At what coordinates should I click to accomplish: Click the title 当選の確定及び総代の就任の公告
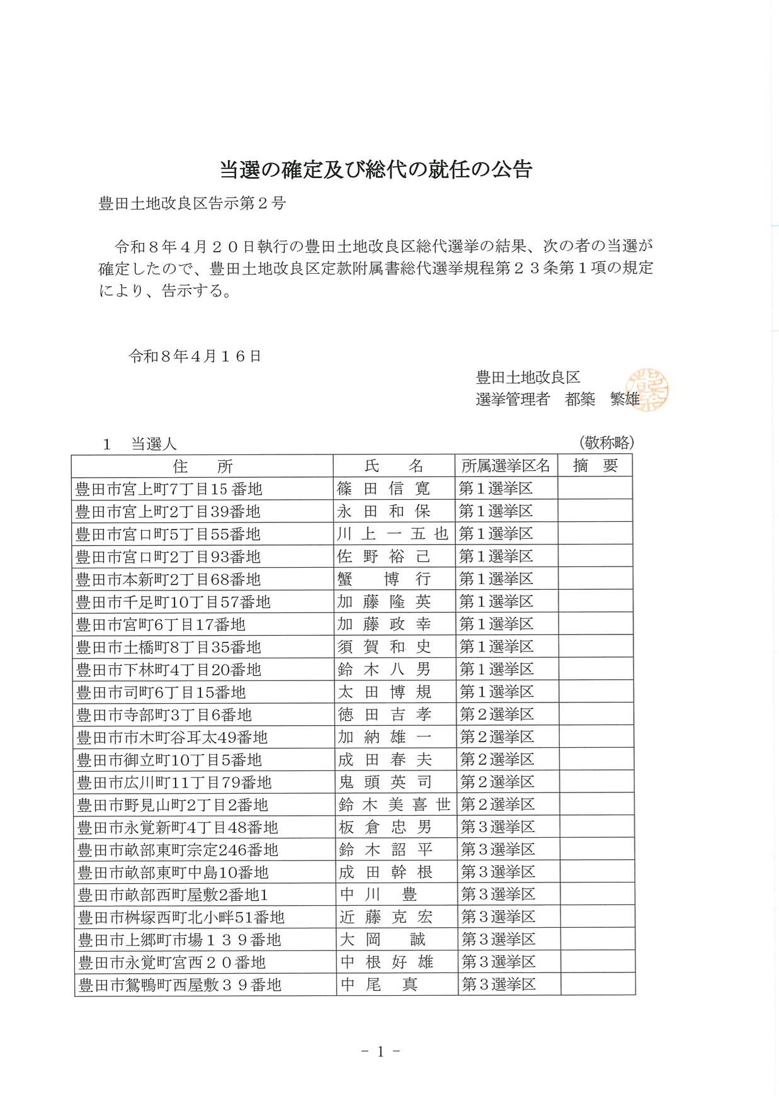(376, 169)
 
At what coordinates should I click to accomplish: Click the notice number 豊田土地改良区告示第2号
(192, 203)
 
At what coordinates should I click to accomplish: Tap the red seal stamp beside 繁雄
(647, 390)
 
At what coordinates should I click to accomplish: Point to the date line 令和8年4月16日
(195, 356)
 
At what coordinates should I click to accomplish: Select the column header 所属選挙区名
(506, 466)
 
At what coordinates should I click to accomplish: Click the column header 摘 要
(595, 466)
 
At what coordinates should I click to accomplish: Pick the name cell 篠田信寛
(384, 488)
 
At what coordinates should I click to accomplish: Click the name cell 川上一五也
(392, 534)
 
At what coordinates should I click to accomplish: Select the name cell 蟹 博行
(384, 579)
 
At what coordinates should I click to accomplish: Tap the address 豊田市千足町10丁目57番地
(173, 602)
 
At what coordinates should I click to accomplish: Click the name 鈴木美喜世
(394, 804)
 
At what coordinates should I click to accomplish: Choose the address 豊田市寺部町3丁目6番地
(164, 715)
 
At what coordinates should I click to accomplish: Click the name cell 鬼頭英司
(385, 782)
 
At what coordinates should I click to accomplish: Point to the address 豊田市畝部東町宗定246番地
(178, 850)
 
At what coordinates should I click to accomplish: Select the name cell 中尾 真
(378, 984)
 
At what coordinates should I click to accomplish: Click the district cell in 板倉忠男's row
(498, 827)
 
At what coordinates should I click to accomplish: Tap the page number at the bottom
(380, 1051)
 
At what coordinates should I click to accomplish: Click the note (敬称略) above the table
(606, 442)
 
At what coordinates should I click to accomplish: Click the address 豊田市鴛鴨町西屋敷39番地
(179, 985)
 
